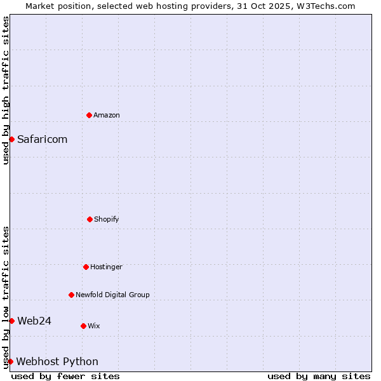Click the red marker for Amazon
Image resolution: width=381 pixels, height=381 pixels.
pyautogui.click(x=89, y=115)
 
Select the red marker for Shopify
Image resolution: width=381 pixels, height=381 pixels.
pyautogui.click(x=90, y=219)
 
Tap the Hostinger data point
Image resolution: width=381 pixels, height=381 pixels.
pyautogui.click(x=86, y=267)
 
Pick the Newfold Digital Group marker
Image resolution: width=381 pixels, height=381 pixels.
pyautogui.click(x=71, y=295)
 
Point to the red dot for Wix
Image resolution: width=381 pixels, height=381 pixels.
pyautogui.click(x=83, y=326)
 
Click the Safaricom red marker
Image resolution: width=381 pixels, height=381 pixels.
pyautogui.click(x=11, y=139)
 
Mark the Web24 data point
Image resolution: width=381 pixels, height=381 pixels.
pyautogui.click(x=11, y=321)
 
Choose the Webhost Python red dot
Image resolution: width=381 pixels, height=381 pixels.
pyautogui.click(x=10, y=361)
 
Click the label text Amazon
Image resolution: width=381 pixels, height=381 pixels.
pyautogui.click(x=107, y=115)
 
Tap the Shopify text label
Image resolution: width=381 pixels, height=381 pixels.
pyautogui.click(x=107, y=219)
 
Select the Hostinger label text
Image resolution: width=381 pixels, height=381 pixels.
pyautogui.click(x=106, y=267)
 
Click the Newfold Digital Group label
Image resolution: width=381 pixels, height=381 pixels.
pyautogui.click(x=112, y=295)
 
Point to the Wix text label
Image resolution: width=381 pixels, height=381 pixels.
pyautogui.click(x=94, y=326)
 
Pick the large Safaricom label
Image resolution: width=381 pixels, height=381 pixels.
pyautogui.click(x=42, y=139)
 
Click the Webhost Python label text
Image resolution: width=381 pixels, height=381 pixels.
pyautogui.click(x=57, y=361)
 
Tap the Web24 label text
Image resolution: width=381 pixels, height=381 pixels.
pyautogui.click(x=34, y=321)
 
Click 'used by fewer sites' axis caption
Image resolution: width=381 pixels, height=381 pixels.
pyautogui.click(x=65, y=376)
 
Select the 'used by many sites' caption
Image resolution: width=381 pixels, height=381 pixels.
pyautogui.click(x=319, y=376)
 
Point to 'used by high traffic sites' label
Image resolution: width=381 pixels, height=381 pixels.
pyautogui.click(x=6, y=90)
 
